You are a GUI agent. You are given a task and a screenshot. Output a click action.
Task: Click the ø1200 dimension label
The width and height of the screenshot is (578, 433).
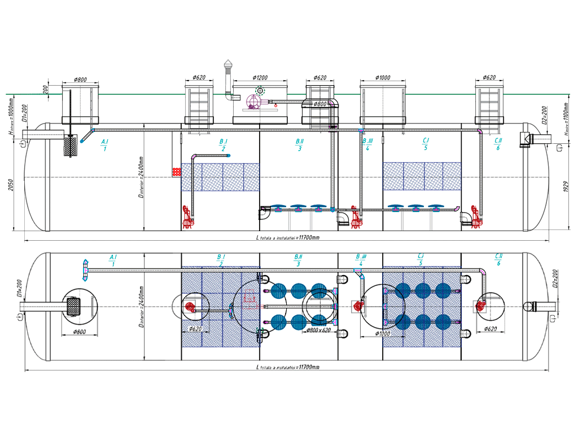point(260,77)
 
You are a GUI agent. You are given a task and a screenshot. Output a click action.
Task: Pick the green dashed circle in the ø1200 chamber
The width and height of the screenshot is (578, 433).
point(260,91)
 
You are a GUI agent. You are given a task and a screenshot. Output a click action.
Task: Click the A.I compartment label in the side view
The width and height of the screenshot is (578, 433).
point(104,140)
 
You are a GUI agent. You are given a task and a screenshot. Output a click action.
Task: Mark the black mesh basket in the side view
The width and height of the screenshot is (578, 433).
point(71,145)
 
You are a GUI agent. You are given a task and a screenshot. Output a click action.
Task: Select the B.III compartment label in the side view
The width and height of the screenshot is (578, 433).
point(367,140)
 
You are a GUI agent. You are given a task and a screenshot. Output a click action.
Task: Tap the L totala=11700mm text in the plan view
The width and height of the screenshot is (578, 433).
point(288,367)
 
